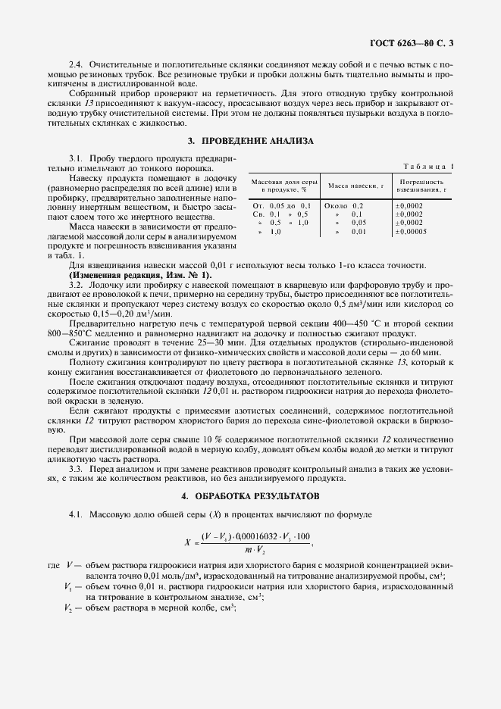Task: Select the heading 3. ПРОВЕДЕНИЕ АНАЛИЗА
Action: (x=250, y=141)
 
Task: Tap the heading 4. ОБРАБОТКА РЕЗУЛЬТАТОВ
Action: (x=250, y=495)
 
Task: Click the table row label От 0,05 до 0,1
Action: (x=281, y=205)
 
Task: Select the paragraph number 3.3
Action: (x=77, y=470)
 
